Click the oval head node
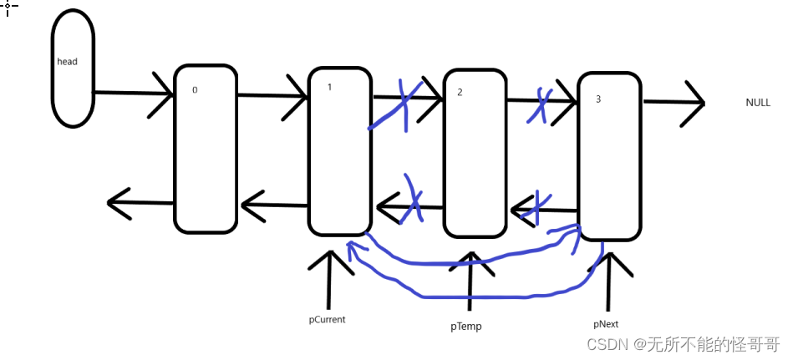pos(73,69)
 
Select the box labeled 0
pos(206,148)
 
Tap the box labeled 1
pos(339,151)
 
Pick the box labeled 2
pos(475,153)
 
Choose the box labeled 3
pos(609,155)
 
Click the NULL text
pos(758,103)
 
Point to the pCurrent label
pos(327,319)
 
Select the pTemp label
pos(465,327)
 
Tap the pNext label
pos(606,323)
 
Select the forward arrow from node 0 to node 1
pos(272,96)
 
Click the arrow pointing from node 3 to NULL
pos(674,103)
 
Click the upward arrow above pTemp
pos(470,280)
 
